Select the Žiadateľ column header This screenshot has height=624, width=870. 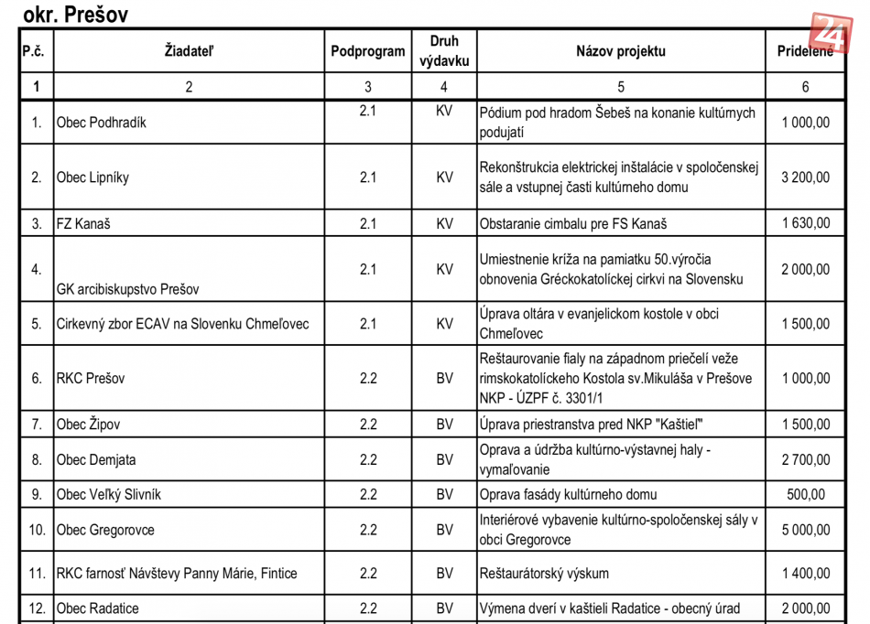click(189, 51)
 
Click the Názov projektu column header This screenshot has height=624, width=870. click(620, 51)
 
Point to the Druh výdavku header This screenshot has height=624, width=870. click(444, 51)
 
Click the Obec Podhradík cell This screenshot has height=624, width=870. click(102, 123)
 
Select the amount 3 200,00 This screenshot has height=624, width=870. click(805, 178)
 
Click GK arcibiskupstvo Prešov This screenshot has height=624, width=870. click(128, 289)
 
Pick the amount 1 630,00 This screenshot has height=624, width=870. click(805, 223)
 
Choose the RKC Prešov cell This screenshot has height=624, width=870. click(91, 379)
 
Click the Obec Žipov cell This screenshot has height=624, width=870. click(88, 425)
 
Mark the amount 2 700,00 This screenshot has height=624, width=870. click(805, 460)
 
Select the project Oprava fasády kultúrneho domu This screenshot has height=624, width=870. click(568, 495)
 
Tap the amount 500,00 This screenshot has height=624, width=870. click(805, 495)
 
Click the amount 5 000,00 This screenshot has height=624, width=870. click(805, 530)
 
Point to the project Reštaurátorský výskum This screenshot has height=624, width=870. click(544, 574)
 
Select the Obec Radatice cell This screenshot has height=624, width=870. click(98, 608)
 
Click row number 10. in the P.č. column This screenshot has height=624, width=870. click(37, 530)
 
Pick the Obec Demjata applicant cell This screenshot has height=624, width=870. click(97, 460)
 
